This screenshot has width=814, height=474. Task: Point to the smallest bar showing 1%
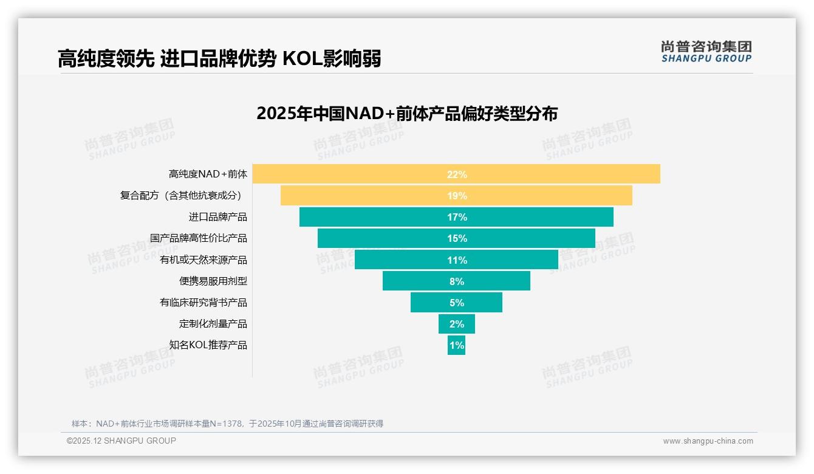(456, 345)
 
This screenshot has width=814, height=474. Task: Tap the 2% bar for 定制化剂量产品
(456, 324)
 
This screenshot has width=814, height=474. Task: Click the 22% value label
(457, 174)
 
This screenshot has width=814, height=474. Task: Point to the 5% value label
(457, 303)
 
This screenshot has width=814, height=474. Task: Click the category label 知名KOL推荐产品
(208, 345)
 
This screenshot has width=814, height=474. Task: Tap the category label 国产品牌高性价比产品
(198, 238)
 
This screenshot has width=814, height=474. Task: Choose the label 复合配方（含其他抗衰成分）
(183, 196)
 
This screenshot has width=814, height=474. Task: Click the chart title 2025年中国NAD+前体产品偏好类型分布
(406, 114)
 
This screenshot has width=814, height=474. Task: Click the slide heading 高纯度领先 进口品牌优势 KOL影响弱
(219, 59)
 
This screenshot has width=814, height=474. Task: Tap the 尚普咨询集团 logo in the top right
(706, 52)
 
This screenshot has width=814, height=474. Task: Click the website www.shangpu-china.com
(708, 441)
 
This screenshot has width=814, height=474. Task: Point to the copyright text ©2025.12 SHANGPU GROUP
(121, 441)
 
